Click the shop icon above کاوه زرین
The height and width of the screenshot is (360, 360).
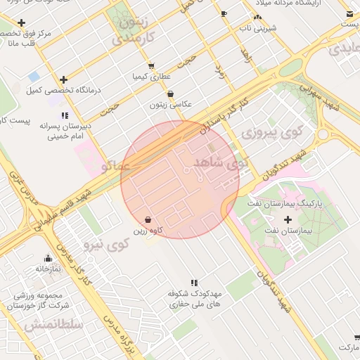click(x=147, y=219)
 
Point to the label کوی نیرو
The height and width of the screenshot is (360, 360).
click(x=107, y=245)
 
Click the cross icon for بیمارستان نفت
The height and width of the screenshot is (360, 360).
click(x=288, y=219)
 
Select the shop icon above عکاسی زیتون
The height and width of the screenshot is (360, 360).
click(x=170, y=94)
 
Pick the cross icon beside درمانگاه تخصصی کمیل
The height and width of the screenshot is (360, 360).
click(x=64, y=79)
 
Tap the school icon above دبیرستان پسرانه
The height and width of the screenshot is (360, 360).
click(x=65, y=115)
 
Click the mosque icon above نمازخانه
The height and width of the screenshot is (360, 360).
click(x=48, y=258)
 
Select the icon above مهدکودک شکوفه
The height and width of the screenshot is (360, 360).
click(x=194, y=283)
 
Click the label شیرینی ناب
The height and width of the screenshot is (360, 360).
click(x=259, y=27)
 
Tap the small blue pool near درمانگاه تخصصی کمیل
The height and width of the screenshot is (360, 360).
click(x=34, y=76)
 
